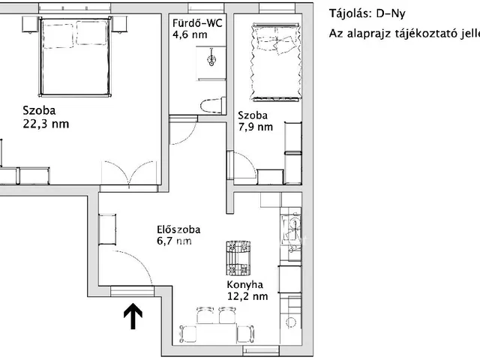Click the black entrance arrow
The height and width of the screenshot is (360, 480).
(x=133, y=316)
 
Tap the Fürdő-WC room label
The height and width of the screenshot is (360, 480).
(x=197, y=23)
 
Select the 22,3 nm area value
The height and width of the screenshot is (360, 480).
(x=46, y=124)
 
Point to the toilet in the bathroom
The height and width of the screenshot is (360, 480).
(x=214, y=105)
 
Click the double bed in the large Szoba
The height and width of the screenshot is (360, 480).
(x=75, y=57)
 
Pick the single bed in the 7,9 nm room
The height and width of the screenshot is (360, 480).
(x=274, y=61)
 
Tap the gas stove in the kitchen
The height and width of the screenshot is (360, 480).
(x=238, y=258)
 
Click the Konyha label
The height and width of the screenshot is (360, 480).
(x=245, y=285)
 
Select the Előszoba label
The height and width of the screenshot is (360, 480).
(x=178, y=229)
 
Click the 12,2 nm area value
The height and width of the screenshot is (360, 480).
(x=247, y=296)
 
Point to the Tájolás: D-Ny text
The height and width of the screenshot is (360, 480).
(x=367, y=13)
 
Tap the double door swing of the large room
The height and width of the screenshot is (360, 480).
(x=129, y=172)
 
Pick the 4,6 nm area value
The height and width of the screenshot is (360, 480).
(x=190, y=34)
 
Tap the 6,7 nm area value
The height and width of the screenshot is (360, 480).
(x=174, y=241)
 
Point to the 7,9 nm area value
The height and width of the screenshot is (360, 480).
(x=255, y=127)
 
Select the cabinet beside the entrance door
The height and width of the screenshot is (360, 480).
(x=107, y=229)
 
